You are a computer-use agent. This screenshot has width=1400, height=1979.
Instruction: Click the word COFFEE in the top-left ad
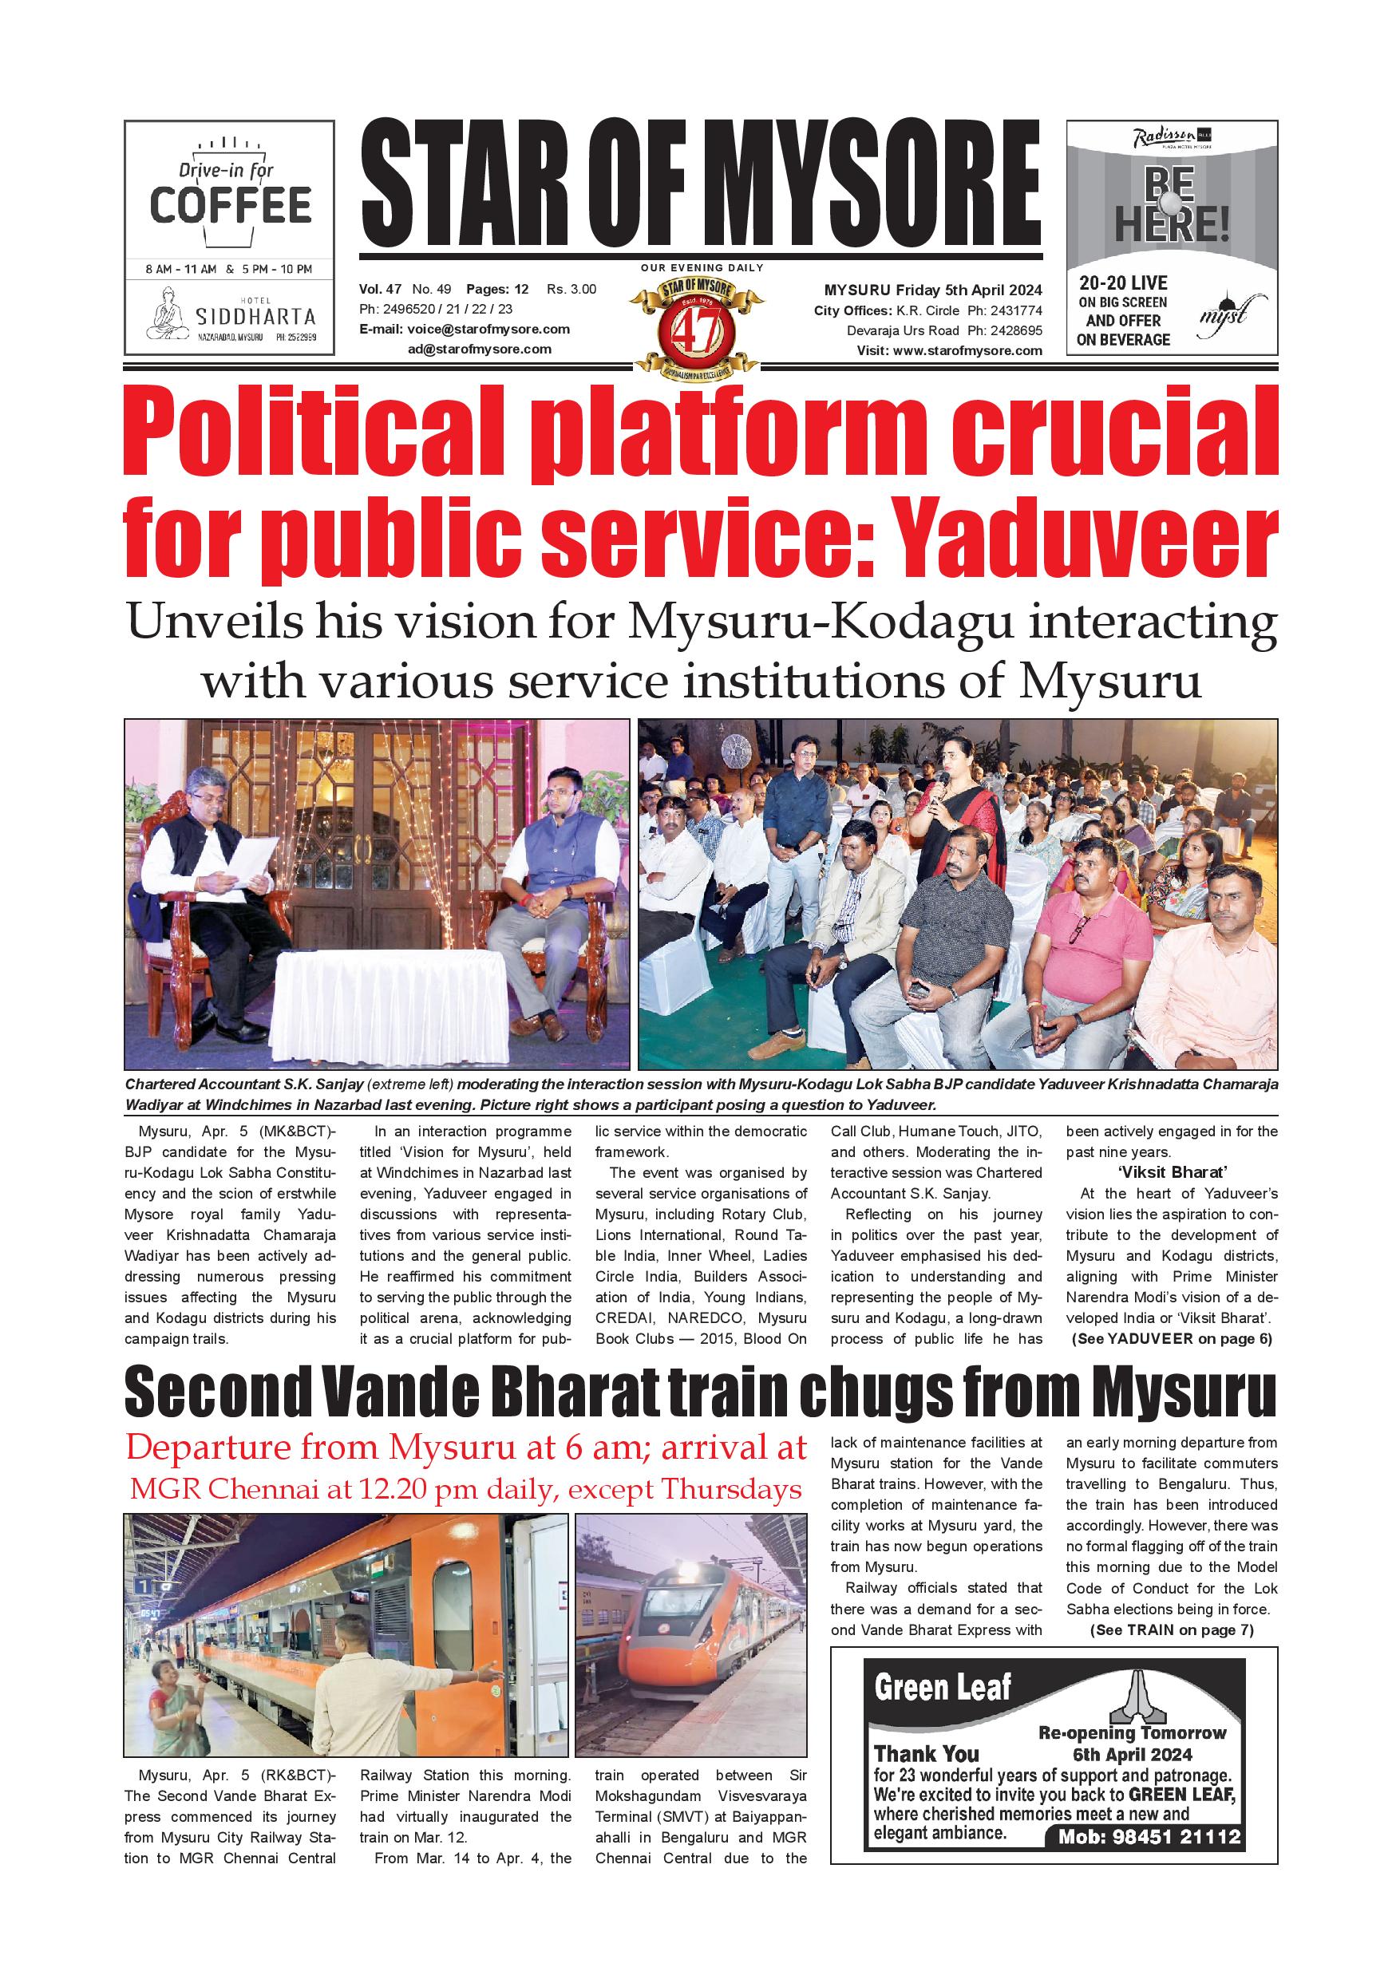point(230,205)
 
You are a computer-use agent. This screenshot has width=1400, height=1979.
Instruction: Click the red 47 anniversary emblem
point(697,327)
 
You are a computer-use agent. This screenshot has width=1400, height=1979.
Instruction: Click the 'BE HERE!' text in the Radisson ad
point(1171,207)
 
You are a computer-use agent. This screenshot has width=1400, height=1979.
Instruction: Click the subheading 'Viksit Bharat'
point(1172,1172)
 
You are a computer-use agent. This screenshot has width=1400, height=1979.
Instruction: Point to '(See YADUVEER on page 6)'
point(1172,1338)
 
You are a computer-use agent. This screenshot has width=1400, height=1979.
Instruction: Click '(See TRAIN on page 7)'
point(1172,1630)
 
